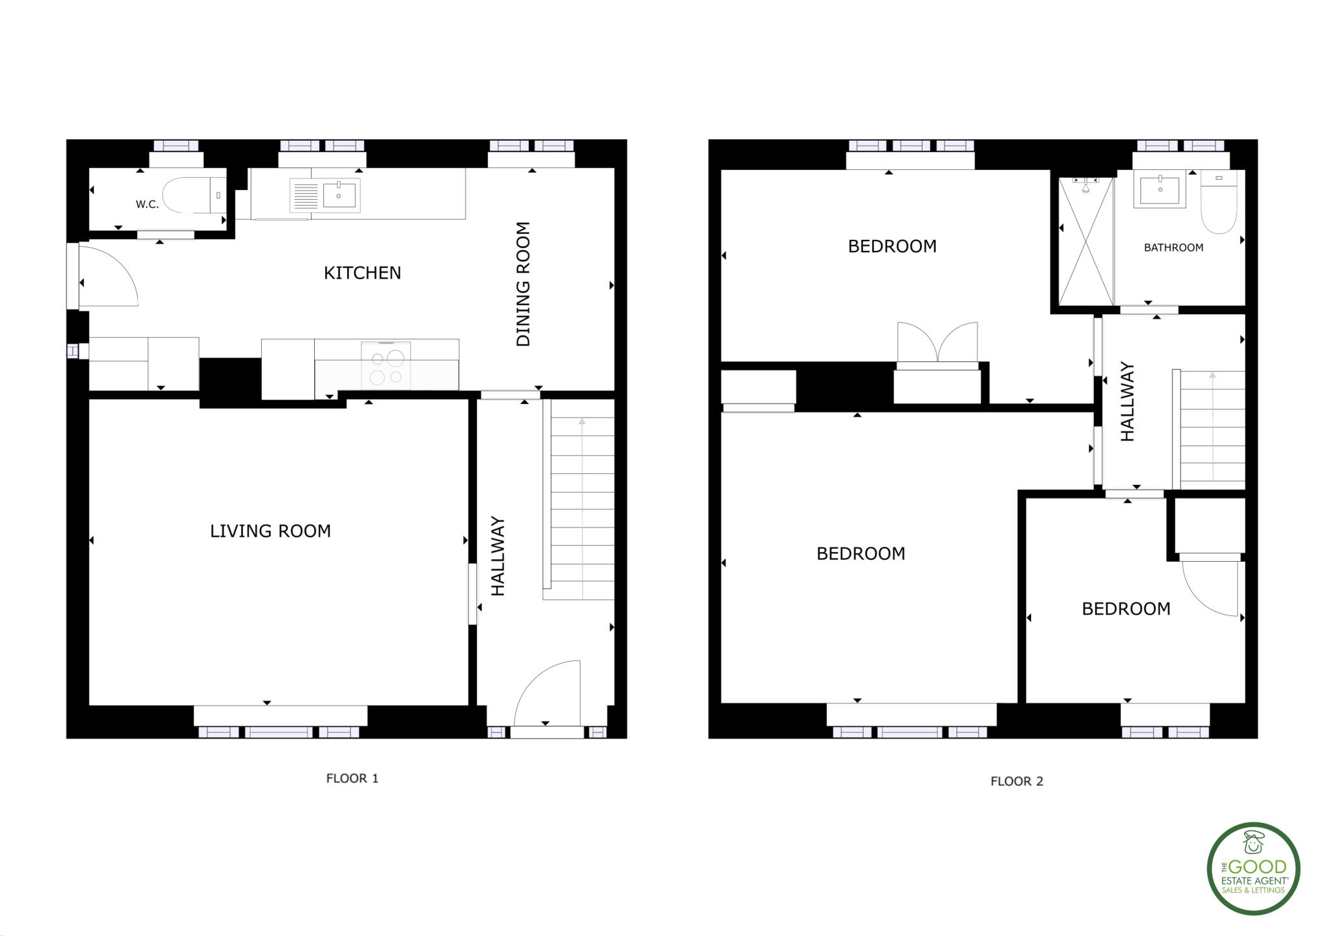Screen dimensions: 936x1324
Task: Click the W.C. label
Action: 147,204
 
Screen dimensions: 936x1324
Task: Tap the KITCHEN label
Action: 362,273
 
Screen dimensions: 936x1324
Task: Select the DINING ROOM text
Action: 523,284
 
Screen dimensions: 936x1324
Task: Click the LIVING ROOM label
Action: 270,531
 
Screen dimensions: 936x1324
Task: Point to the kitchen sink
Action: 338,195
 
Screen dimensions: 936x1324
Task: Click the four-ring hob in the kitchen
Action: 387,367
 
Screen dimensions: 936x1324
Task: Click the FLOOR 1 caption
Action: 352,778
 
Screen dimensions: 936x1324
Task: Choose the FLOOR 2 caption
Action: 1017,781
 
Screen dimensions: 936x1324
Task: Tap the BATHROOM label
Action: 1173,248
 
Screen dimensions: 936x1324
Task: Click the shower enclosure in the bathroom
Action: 1086,240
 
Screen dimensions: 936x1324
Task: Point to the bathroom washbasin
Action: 1160,190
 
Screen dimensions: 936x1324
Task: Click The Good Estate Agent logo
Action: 1254,868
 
